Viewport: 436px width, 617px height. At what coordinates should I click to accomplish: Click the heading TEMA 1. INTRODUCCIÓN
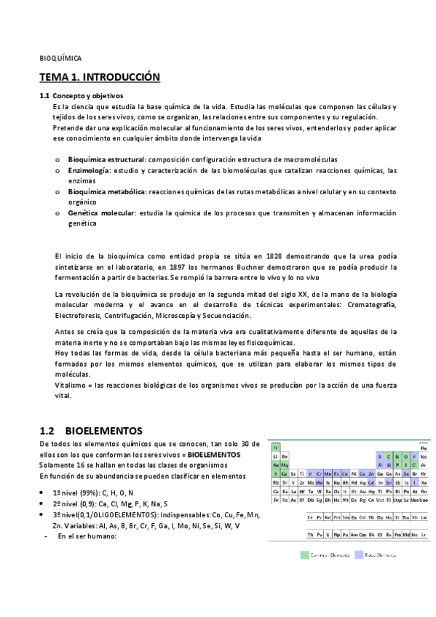click(99, 77)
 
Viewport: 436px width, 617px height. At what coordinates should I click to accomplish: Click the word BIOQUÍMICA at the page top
click(60, 57)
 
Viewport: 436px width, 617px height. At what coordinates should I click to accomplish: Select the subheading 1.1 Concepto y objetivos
click(82, 96)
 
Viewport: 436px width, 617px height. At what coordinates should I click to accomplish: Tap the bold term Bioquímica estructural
click(106, 159)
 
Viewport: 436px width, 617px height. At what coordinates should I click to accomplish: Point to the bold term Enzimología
click(89, 170)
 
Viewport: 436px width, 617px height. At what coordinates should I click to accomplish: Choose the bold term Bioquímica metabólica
click(106, 191)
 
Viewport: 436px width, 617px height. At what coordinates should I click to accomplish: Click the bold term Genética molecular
click(101, 213)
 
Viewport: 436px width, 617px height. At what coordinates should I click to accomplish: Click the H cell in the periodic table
click(276, 447)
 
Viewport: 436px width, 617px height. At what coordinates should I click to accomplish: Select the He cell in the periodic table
click(424, 447)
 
